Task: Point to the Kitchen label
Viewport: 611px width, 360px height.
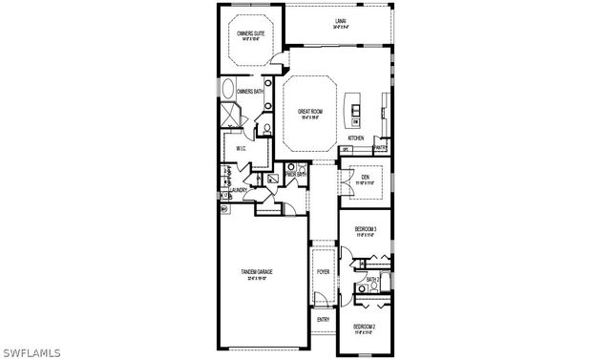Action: coord(356,138)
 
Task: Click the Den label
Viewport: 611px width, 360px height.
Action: coord(365,177)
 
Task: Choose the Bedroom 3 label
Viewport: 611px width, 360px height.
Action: coord(366,229)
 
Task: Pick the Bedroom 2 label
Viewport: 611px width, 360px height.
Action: coord(365,327)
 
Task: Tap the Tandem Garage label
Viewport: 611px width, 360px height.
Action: coord(257,272)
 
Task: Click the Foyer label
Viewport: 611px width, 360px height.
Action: coord(324,272)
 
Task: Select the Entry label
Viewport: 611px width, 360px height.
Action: coord(323,320)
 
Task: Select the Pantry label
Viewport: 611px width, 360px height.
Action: coord(380,148)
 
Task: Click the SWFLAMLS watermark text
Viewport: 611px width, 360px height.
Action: coord(31,352)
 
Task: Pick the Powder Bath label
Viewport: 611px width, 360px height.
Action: coord(295,175)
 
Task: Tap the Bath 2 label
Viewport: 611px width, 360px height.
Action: coord(374,279)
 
